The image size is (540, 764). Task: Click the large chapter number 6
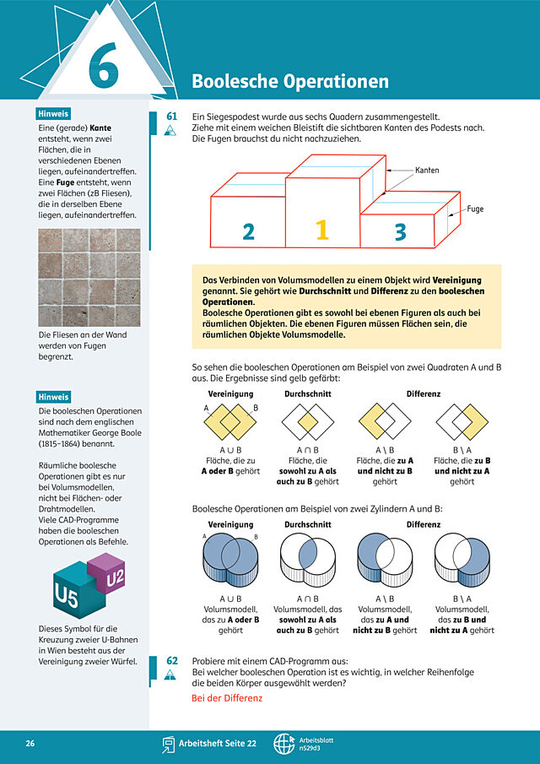(x=104, y=65)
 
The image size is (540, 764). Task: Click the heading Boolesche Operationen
(x=290, y=81)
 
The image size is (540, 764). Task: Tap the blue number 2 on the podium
(x=249, y=231)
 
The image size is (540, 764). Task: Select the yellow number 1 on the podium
(x=322, y=230)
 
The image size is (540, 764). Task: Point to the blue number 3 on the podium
(x=400, y=232)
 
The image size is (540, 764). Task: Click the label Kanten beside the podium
(x=427, y=171)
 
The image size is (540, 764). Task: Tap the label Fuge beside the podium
(x=475, y=209)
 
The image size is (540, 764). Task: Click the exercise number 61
(x=171, y=116)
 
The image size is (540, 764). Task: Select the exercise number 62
(x=172, y=661)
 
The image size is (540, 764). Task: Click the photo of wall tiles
(x=89, y=277)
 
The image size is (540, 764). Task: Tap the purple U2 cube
(x=105, y=576)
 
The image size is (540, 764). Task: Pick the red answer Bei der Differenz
(x=227, y=698)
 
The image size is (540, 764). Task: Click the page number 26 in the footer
(x=30, y=744)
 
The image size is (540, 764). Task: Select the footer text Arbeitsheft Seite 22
(x=217, y=744)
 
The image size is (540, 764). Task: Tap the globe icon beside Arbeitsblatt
(x=283, y=744)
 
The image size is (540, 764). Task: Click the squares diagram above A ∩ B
(x=308, y=421)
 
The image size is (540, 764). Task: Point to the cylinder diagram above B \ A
(x=462, y=560)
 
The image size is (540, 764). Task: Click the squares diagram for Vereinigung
(x=230, y=421)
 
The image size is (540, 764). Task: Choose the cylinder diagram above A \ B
(x=385, y=560)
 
